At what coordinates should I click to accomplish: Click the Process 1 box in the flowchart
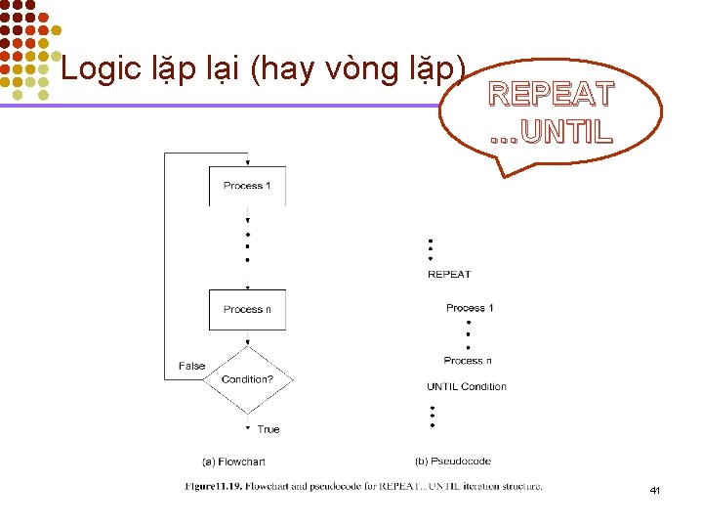point(247,186)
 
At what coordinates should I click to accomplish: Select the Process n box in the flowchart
point(247,309)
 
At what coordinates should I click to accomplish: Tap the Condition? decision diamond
point(247,379)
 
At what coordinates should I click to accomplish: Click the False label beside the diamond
point(191,366)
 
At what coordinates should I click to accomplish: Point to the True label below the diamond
point(269,429)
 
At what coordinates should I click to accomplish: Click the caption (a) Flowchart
point(233,462)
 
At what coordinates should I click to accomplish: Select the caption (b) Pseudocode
point(453,461)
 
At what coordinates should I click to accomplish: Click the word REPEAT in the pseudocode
point(449,274)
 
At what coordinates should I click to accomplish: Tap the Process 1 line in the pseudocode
point(470,308)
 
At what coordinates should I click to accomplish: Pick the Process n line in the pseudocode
point(468,361)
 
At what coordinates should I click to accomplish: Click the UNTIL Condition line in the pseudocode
point(467,386)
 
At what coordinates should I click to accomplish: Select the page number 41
point(655,490)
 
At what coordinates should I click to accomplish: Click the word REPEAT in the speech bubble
point(552,95)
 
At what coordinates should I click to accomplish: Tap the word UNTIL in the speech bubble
point(566,130)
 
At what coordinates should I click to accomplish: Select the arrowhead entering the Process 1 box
point(248,162)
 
